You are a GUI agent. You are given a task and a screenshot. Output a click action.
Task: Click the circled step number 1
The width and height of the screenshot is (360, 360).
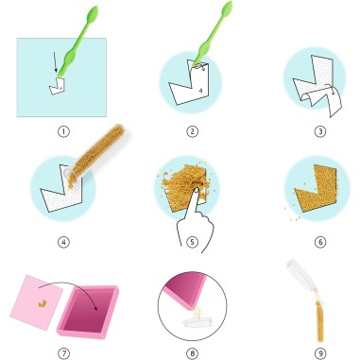coord(63,131)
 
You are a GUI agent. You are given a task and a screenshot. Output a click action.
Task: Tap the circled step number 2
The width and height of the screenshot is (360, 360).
coord(192,131)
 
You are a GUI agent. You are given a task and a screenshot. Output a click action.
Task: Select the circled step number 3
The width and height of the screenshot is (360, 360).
coord(320,131)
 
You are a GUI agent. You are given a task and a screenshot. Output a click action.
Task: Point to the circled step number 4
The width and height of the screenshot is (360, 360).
coord(63,242)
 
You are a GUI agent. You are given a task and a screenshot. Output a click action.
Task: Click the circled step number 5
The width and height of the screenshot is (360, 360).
coord(192,242)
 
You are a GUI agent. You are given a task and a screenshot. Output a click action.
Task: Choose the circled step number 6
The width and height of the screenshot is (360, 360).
coord(320,242)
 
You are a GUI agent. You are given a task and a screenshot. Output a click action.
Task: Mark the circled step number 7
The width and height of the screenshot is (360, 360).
coord(63,353)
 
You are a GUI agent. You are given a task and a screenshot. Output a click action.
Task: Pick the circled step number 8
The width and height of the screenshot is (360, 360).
coord(192,353)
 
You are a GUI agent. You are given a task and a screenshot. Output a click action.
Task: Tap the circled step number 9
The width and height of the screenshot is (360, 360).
coord(320,353)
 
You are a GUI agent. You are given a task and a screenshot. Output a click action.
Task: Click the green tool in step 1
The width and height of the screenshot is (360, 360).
coord(75,47)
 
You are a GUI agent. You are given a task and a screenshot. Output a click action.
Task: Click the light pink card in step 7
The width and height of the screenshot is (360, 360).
coord(36,302)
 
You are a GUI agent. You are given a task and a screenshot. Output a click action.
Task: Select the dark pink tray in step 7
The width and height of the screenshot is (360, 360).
coord(88,312)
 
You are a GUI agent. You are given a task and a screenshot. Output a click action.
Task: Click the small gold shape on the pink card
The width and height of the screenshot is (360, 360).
coord(43,303)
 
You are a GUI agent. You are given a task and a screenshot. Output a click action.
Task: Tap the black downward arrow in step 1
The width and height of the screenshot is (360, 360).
coord(55,62)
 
